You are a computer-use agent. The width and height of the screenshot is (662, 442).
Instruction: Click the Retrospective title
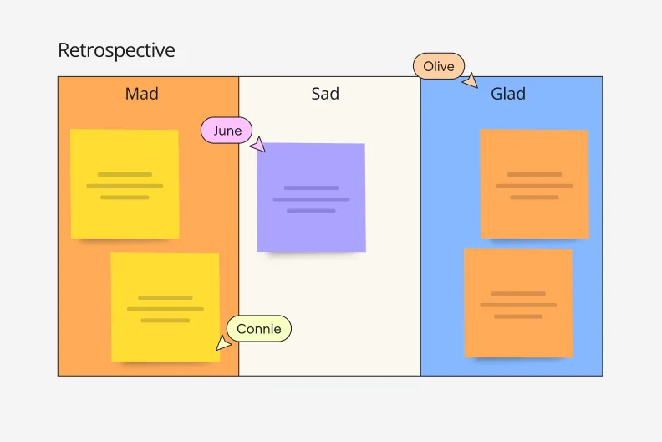click(x=116, y=50)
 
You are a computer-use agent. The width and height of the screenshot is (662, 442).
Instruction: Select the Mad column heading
click(x=141, y=94)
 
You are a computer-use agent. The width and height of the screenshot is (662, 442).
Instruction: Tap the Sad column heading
click(x=325, y=94)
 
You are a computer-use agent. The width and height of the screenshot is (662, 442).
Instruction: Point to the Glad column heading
click(x=508, y=94)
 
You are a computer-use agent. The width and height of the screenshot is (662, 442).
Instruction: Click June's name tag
click(x=227, y=131)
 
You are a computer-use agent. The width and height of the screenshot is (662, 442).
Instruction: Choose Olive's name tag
click(x=438, y=66)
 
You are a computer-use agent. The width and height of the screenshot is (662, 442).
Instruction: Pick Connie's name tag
click(x=259, y=329)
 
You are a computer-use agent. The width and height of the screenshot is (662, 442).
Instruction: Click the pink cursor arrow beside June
click(x=258, y=146)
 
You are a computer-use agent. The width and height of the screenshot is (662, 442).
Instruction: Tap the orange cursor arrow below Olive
click(x=471, y=81)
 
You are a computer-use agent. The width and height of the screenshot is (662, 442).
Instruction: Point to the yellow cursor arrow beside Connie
click(x=223, y=342)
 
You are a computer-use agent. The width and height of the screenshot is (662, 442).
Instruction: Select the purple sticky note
click(x=311, y=198)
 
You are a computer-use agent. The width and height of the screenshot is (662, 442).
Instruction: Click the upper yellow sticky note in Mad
click(x=125, y=183)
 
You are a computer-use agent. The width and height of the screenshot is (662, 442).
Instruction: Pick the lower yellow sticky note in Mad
click(x=165, y=306)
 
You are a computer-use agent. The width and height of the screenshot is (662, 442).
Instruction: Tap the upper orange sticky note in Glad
click(x=534, y=183)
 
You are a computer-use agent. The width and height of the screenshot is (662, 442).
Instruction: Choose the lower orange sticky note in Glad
click(x=518, y=302)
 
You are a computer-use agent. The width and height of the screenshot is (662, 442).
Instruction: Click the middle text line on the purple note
click(x=311, y=199)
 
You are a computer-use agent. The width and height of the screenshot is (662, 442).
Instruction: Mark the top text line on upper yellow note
click(x=125, y=174)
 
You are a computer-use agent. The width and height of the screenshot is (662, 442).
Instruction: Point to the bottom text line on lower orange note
click(x=518, y=316)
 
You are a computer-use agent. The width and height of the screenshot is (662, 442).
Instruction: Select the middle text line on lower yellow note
click(x=165, y=309)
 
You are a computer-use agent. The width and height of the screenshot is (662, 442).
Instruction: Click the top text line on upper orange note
click(x=534, y=174)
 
